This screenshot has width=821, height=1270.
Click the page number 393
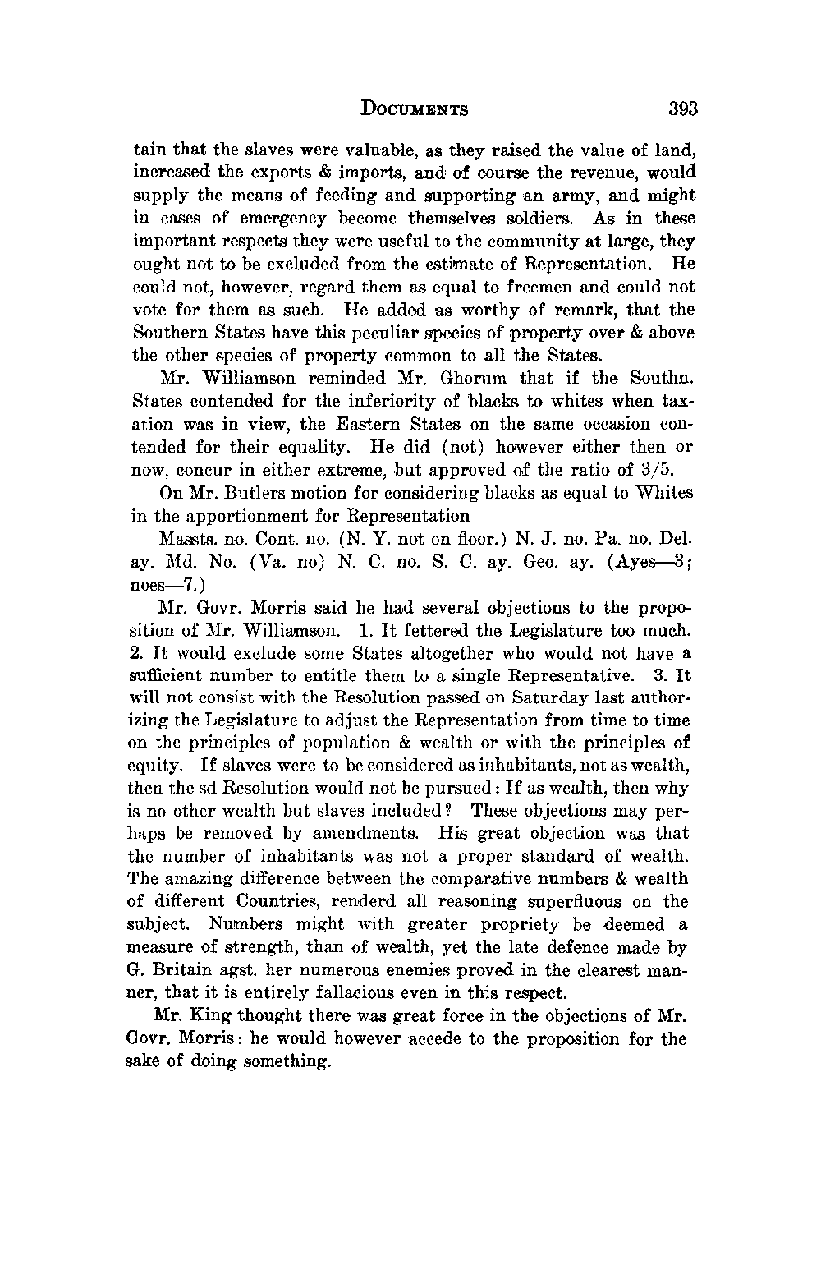pos(682,108)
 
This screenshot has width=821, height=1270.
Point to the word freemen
pos(452,288)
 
